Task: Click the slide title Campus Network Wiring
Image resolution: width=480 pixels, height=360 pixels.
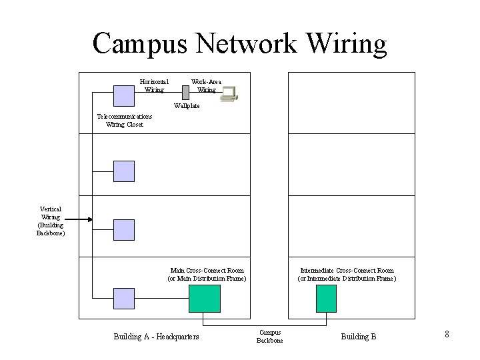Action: coord(239,43)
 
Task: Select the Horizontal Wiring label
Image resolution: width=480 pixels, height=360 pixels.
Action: coord(154,85)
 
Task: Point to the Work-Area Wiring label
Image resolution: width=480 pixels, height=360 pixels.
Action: coord(206,85)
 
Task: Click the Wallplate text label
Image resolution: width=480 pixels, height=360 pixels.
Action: coord(186,105)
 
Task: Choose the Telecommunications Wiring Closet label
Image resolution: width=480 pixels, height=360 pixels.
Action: coord(124,120)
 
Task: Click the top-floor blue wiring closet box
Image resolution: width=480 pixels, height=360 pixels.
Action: coord(123,95)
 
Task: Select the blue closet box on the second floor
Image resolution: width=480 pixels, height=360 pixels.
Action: coord(123,171)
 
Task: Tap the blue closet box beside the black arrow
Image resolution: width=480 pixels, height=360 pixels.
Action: coord(123,229)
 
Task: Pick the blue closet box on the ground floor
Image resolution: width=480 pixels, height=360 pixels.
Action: coord(123,298)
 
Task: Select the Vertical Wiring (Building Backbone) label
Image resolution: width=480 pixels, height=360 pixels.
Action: coord(51,221)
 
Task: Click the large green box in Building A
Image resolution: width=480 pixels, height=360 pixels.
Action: coord(204,298)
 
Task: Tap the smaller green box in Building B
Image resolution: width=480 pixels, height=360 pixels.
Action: coord(326,298)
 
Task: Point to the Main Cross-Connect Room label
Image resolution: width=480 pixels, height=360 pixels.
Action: coord(207,274)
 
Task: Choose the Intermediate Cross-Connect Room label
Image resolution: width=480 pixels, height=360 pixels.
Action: coord(347,274)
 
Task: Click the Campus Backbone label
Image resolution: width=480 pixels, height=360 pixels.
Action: coord(270,336)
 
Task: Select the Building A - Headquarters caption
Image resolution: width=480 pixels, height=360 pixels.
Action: coord(157,337)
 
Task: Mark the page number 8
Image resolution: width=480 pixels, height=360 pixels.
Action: coord(447,334)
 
